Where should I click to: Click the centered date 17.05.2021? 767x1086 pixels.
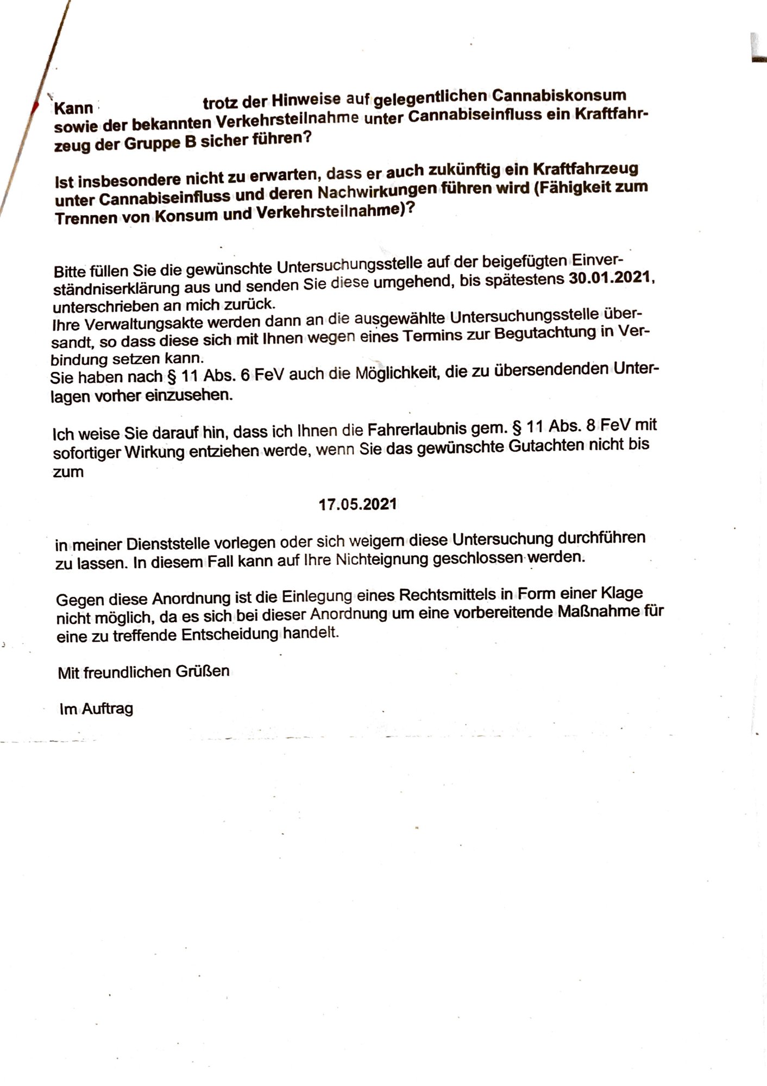pyautogui.click(x=357, y=504)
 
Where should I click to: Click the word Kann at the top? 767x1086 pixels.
pyautogui.click(x=73, y=108)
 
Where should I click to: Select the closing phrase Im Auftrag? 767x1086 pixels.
pyautogui.click(x=96, y=709)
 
